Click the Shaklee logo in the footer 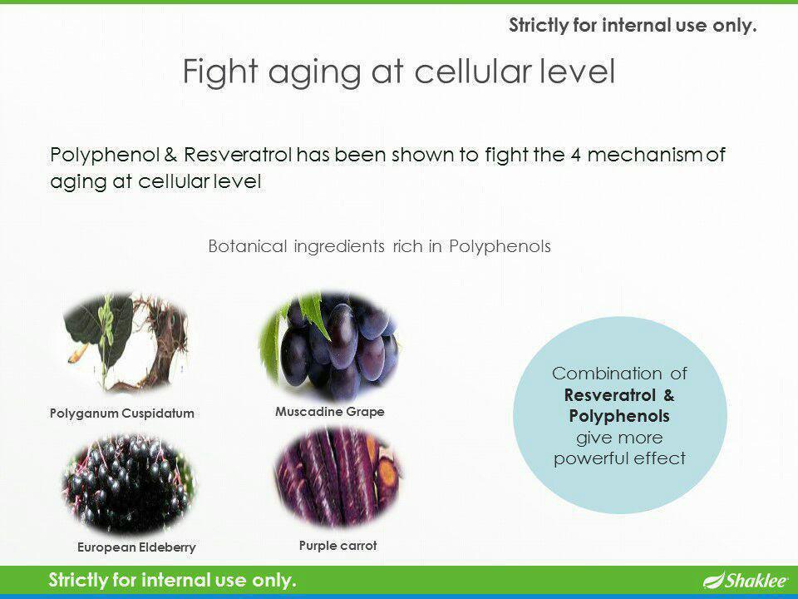[746, 580]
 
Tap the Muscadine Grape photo [329, 345]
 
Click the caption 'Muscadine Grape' [330, 412]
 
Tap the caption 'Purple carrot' [338, 546]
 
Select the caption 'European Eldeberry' [136, 547]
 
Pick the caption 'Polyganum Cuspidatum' [122, 413]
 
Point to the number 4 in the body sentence [575, 155]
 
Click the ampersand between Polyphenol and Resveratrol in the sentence [171, 155]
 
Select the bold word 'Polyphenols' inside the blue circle [619, 416]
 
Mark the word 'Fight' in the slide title [219, 71]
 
